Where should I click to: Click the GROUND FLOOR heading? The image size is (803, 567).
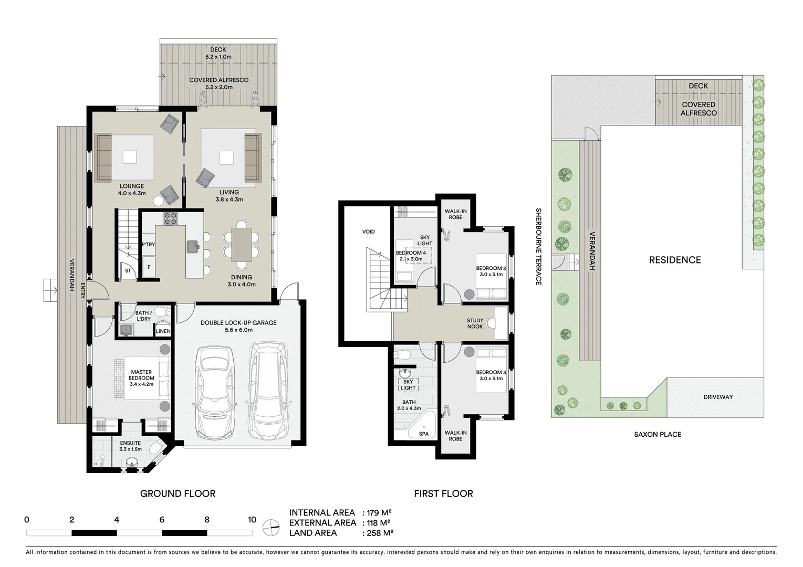(178, 493)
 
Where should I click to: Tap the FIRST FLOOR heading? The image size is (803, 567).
(443, 493)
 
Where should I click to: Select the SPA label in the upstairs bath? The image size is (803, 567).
(424, 434)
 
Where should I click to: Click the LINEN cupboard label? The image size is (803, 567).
(163, 331)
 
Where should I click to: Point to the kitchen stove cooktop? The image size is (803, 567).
(170, 218)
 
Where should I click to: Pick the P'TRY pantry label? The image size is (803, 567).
(149, 245)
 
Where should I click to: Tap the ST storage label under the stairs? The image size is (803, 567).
(128, 271)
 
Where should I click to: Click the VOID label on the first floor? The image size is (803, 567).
(369, 232)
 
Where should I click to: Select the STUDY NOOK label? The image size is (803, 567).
(475, 323)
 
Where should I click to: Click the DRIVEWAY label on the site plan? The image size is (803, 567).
(718, 397)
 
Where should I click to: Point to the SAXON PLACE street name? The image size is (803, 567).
(658, 434)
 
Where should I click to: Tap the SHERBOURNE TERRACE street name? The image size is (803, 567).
(538, 247)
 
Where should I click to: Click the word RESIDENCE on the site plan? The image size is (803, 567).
(675, 260)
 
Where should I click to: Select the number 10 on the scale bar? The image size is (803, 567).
(252, 520)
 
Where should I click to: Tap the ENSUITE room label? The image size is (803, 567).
(130, 443)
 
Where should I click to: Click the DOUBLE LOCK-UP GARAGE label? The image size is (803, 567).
(238, 323)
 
